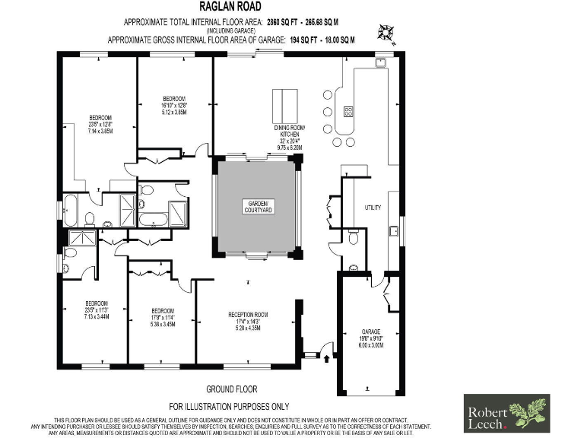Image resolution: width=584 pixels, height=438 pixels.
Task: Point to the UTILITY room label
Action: tap(373, 208)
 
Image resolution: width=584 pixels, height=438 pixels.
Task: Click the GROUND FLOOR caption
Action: tap(228, 387)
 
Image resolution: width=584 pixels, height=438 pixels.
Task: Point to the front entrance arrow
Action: tap(328, 351)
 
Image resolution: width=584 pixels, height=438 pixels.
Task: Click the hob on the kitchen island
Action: tap(348, 111)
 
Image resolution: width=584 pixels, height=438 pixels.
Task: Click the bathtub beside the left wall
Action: tap(70, 211)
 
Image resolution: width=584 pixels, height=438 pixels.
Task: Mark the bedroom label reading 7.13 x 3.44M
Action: tap(97, 316)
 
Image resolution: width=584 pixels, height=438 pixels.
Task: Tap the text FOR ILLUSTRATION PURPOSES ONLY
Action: tap(228, 407)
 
